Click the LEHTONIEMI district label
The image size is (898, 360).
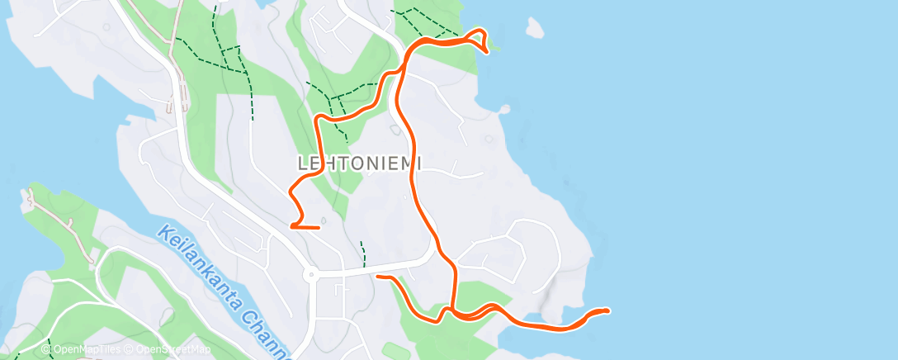359,163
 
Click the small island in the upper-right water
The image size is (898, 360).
535,29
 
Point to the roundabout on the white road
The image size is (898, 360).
310,275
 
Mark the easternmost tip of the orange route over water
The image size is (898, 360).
607,310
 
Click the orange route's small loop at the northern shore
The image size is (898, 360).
478,39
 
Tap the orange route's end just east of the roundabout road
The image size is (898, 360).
378,277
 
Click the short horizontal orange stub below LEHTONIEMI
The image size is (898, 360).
306,225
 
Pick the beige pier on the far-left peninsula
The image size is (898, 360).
31,198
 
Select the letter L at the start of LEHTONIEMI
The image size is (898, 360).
302,163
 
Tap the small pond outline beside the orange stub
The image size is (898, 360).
324,220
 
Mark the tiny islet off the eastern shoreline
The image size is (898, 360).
502,109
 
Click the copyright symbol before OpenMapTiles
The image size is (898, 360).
45,349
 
